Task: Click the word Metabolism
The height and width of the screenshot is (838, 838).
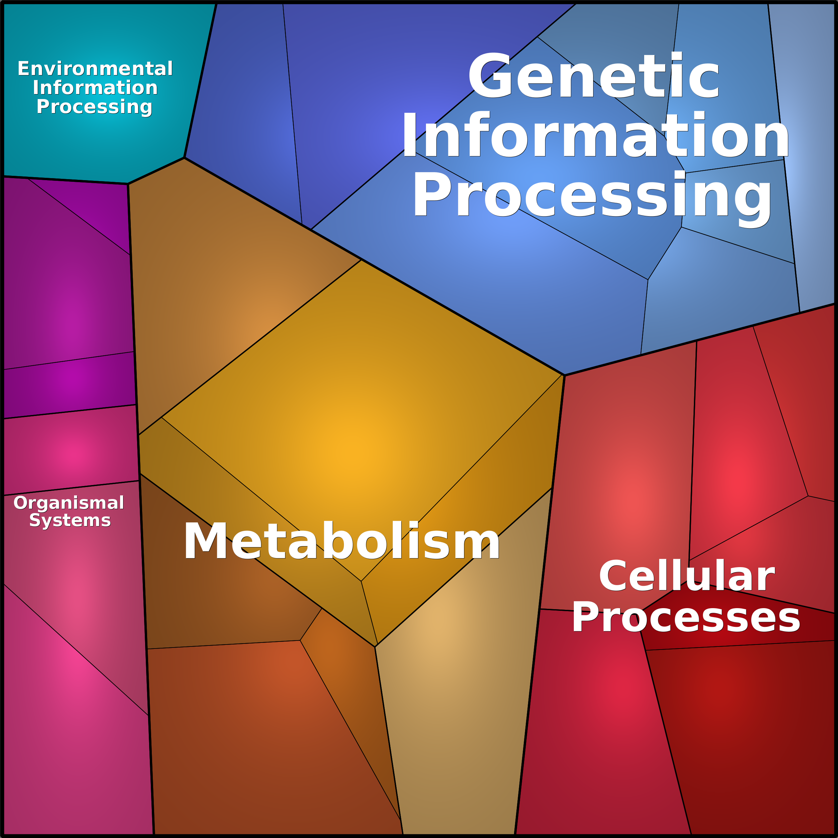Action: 342,542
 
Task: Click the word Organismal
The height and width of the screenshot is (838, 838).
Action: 69,503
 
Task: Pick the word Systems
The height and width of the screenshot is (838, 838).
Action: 70,520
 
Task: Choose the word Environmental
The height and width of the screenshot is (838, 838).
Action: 95,68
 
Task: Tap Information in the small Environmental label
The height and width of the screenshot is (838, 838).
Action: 95,88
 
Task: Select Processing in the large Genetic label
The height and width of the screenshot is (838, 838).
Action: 592,195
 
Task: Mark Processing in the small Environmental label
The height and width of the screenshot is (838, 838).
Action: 94,107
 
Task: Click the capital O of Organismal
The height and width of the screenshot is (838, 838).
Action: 21,503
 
